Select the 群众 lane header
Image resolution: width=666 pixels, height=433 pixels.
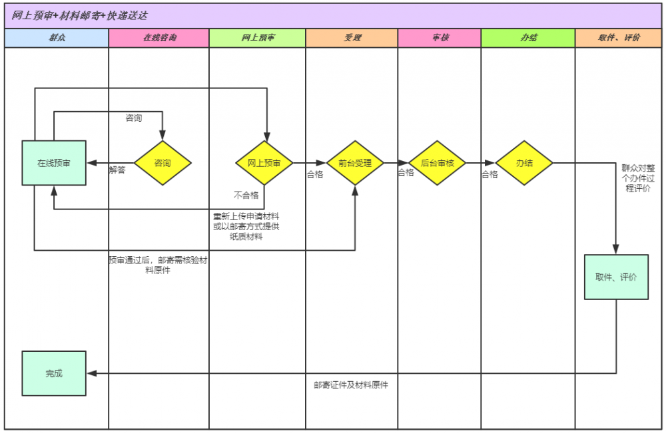[x=57, y=38]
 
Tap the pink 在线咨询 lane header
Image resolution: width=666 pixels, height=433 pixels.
[x=159, y=38]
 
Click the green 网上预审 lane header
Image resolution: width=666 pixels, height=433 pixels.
[x=257, y=38]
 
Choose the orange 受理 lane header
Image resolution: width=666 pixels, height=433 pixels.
[x=352, y=38]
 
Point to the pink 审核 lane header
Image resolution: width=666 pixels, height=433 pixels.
[x=440, y=38]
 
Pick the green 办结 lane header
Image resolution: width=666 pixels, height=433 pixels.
[x=528, y=38]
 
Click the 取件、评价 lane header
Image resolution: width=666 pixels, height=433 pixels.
[x=619, y=38]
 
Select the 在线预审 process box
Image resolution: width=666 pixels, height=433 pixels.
[x=54, y=163]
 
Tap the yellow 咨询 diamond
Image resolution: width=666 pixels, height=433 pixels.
[x=163, y=163]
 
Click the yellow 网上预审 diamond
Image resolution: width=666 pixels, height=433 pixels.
[x=264, y=163]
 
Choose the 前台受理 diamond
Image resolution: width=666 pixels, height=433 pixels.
[x=355, y=163]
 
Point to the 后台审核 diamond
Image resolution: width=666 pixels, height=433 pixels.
[x=438, y=163]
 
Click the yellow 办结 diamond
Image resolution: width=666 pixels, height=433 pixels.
[x=524, y=163]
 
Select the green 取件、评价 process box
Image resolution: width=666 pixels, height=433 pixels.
[x=616, y=277]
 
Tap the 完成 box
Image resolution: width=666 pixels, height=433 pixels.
[x=54, y=373]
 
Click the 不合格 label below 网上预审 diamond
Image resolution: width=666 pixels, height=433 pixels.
[x=246, y=195]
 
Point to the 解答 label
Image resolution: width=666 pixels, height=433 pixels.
[x=117, y=170]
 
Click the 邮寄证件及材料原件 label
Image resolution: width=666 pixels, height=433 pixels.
[x=351, y=384]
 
